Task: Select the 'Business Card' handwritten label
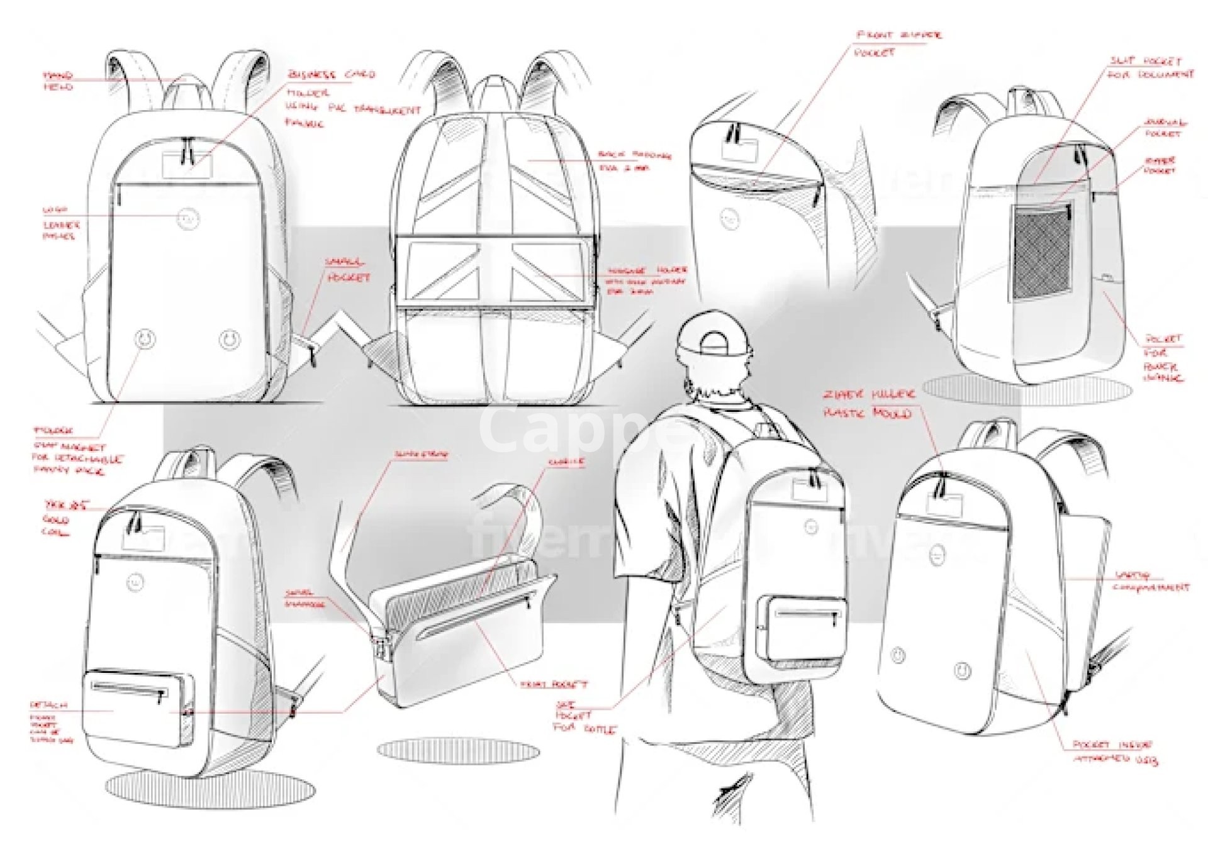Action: (x=331, y=75)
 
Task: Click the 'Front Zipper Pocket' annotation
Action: (x=898, y=43)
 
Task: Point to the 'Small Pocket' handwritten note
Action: (x=347, y=270)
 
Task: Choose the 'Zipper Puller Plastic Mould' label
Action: (x=868, y=403)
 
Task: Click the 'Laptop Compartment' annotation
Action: (x=1151, y=581)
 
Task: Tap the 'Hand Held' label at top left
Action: (x=58, y=81)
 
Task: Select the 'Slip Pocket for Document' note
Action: (x=1151, y=67)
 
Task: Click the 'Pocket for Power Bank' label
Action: (x=1163, y=358)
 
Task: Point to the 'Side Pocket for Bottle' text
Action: (x=582, y=717)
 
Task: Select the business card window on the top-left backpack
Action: (x=187, y=165)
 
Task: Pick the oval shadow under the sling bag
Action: (x=458, y=751)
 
